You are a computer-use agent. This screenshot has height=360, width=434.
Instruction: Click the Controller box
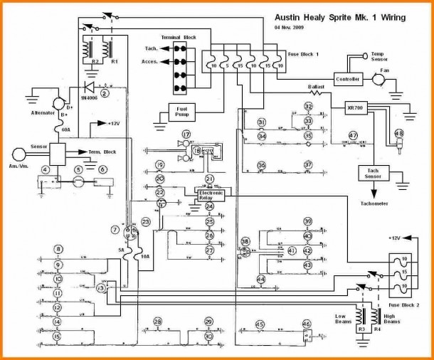[x=348, y=78]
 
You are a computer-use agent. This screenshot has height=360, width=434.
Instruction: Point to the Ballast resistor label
[x=317, y=87]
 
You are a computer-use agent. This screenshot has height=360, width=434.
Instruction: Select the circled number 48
[x=398, y=134]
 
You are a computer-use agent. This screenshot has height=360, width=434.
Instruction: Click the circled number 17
[x=186, y=134]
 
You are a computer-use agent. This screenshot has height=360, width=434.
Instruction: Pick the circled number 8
[x=58, y=249]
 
